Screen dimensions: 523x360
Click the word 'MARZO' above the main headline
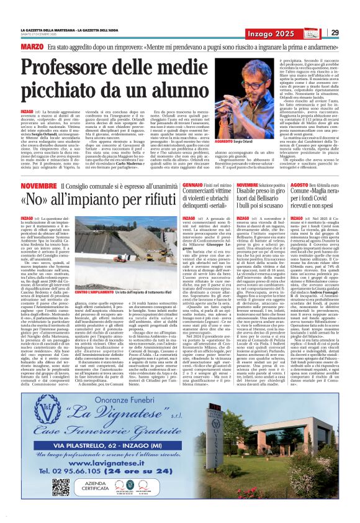32,47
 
